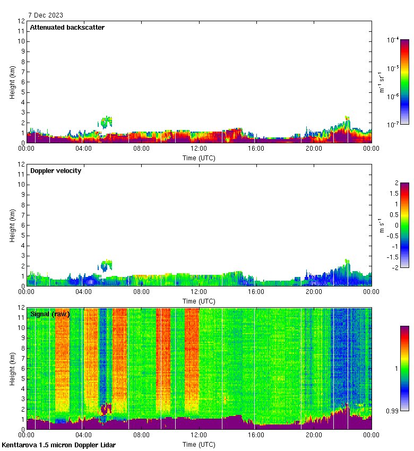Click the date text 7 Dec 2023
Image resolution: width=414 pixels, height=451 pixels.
(46, 15)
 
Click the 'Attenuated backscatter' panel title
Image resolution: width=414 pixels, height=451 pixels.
(67, 28)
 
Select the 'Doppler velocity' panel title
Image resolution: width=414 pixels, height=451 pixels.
(56, 171)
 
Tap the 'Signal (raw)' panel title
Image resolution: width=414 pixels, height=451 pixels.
(50, 314)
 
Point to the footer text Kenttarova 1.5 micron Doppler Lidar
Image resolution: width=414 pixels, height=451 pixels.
(58, 445)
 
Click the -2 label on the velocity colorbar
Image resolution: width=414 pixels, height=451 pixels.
(395, 267)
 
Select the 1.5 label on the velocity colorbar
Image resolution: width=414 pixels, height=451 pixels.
(396, 194)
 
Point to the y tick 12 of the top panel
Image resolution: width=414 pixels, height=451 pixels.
(21, 21)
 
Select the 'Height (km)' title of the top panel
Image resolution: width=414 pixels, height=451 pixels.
(12, 82)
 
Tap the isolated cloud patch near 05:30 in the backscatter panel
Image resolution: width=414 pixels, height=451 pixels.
(107, 122)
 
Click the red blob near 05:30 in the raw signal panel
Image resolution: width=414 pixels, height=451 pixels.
(106, 409)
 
